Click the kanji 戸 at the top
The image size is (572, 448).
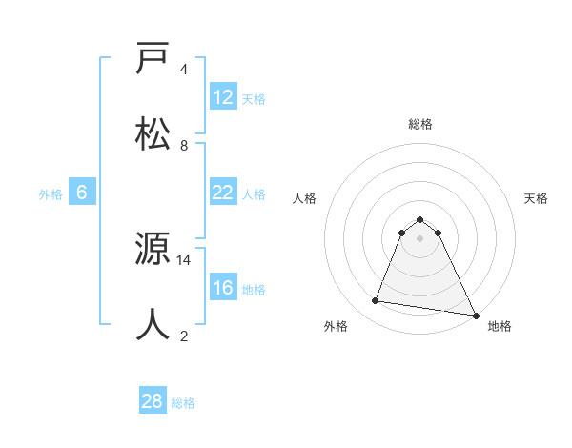[153, 59]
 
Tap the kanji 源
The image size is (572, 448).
[153, 250]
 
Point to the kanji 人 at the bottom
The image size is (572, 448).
[153, 324]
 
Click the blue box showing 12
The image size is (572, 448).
[222, 97]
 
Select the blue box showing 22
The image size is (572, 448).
[222, 193]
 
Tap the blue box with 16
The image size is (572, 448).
[222, 288]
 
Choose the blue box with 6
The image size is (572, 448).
[81, 193]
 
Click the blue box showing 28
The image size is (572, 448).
[152, 401]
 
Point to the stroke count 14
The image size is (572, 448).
[184, 259]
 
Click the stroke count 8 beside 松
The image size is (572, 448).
[184, 145]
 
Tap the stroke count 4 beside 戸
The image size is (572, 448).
[184, 70]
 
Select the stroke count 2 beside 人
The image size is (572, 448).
[184, 336]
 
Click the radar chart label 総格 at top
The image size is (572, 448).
[420, 124]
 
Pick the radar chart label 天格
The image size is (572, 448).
[536, 198]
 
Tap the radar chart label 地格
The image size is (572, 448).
[500, 326]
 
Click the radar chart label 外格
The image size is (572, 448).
[336, 326]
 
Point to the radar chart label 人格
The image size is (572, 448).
[305, 198]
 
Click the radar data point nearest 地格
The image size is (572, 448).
[475, 315]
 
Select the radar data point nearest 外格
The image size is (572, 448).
[376, 301]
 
